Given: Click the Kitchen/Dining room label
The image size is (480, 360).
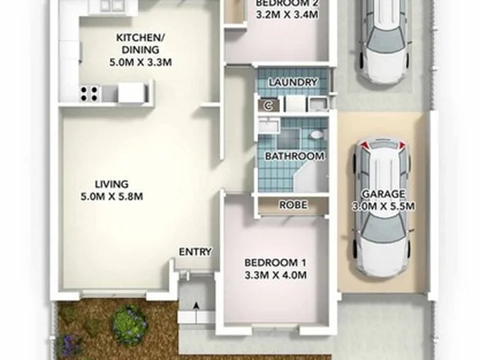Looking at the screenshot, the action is click(141, 44).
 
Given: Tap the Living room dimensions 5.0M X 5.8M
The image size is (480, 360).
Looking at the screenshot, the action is click(112, 196).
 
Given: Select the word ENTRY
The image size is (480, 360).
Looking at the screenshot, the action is click(195, 252).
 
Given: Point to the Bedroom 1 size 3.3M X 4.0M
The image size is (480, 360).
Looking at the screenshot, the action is click(275, 275).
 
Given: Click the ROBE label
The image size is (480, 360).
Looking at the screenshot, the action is click(293, 205).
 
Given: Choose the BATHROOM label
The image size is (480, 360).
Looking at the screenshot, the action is click(295, 156).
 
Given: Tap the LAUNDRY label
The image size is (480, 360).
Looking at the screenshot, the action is click(293, 82).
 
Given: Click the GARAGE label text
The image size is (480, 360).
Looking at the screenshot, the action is click(383, 194).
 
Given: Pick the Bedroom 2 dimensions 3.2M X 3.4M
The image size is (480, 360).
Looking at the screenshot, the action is click(287, 15).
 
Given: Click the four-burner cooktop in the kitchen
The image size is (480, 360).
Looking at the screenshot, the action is click(89, 94).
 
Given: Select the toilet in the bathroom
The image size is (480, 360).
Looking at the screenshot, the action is click(315, 135).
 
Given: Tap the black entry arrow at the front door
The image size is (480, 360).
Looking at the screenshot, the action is click(196, 313).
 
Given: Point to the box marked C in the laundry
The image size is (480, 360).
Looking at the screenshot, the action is click(269, 105).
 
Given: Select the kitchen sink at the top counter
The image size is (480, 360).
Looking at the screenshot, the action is click(109, 6).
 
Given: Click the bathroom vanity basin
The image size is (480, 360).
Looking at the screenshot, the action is click(269, 126).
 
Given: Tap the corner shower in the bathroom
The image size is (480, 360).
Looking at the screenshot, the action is click(309, 177).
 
